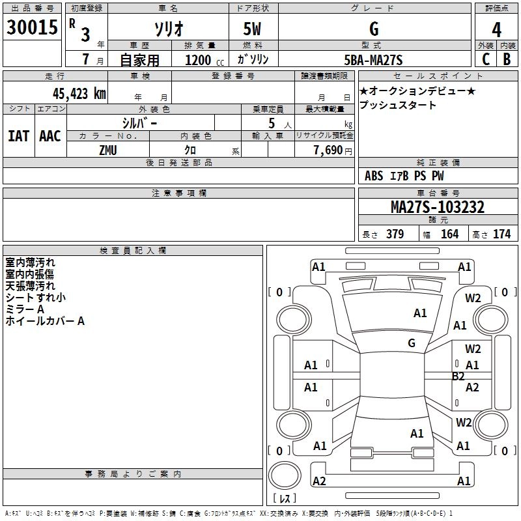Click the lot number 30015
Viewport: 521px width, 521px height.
32,27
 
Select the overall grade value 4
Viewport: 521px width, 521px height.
496,30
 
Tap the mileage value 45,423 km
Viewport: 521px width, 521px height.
79,94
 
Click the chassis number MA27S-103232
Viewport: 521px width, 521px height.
438,206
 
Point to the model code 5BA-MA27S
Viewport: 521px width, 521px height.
373,60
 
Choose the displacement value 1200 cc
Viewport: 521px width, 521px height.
204,60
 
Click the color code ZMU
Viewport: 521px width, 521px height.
108,150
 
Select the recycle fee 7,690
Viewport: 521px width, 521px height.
328,150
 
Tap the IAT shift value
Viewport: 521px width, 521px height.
18,136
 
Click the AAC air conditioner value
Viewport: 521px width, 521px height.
50,136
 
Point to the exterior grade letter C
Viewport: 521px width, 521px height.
486,59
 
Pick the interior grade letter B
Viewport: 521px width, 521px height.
507,59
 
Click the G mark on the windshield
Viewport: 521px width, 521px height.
412,343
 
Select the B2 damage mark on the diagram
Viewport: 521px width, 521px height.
458,376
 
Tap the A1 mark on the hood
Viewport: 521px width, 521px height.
420,313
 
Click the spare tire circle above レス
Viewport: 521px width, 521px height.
285,475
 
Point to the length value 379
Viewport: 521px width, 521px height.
395,234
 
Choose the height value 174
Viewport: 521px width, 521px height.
501,234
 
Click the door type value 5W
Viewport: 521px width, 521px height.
252,29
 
